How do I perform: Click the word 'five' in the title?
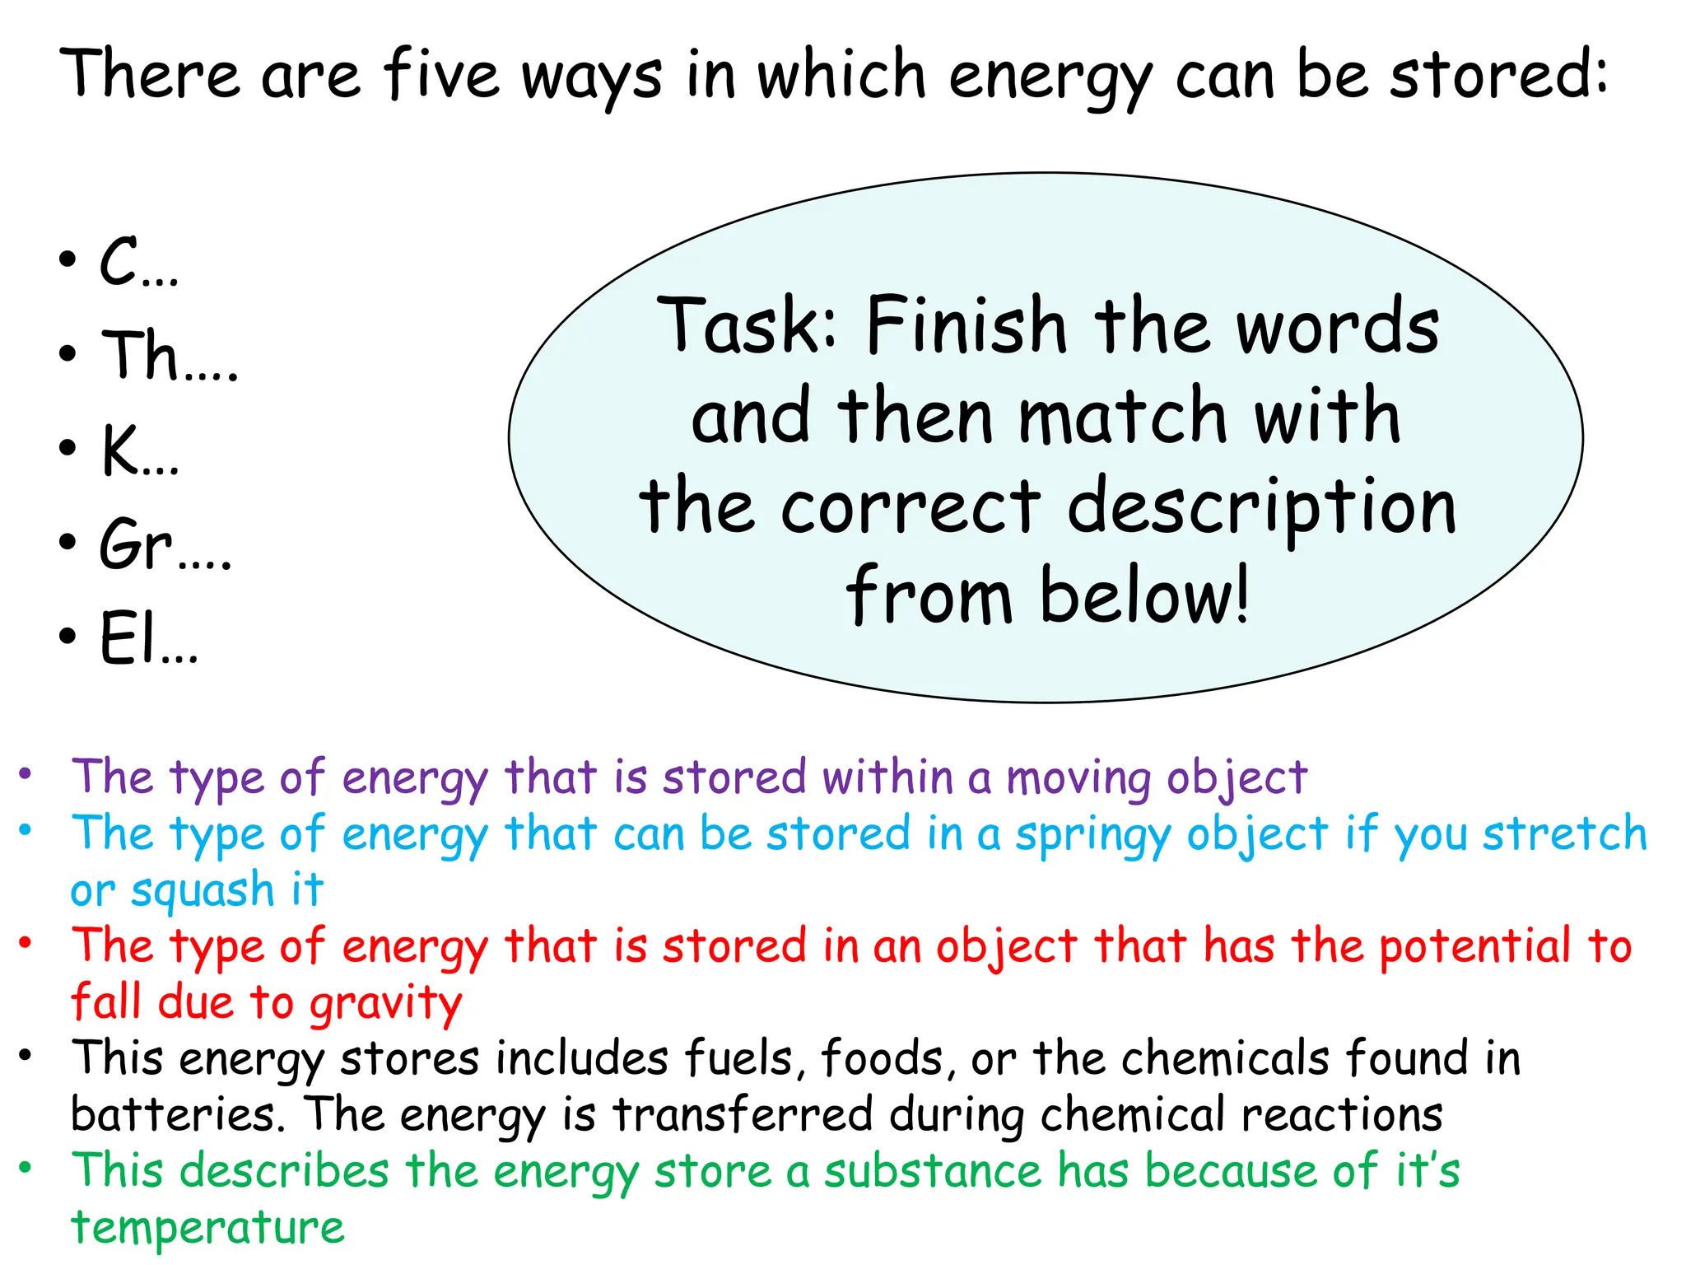(x=441, y=75)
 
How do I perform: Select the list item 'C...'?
(x=138, y=263)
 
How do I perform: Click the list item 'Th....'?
(x=169, y=356)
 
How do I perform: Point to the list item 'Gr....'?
(x=165, y=544)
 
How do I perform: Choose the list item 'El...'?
(x=148, y=638)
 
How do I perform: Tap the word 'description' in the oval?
(x=1261, y=506)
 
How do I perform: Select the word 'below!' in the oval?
(x=1144, y=595)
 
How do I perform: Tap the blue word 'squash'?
(x=202, y=891)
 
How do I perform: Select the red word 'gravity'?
(x=386, y=1004)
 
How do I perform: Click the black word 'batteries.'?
(x=178, y=1115)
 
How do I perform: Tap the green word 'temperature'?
(x=207, y=1228)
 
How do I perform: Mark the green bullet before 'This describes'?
(x=26, y=1167)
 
